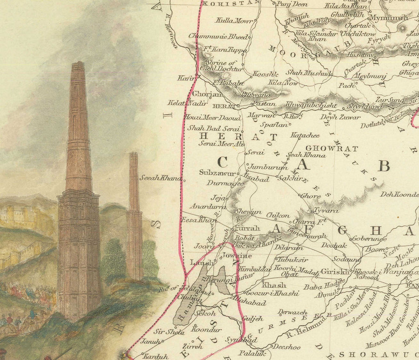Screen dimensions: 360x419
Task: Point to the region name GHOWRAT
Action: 332,149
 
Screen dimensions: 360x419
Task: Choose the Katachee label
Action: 305,135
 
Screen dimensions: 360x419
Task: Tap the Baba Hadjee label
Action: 321,287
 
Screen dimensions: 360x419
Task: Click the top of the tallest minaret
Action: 78,64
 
